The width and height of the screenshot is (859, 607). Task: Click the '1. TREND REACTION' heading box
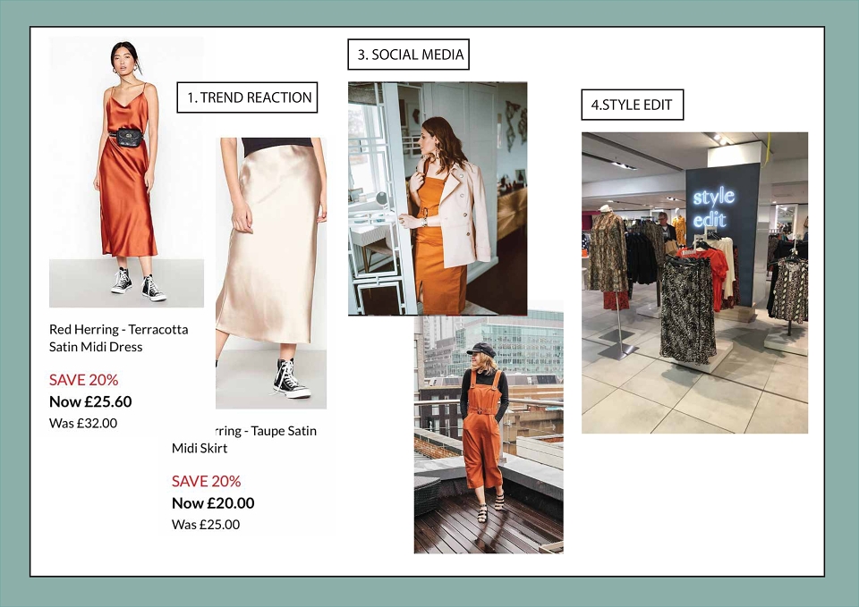pos(247,97)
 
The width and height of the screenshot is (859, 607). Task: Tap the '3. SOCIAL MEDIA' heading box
pos(409,55)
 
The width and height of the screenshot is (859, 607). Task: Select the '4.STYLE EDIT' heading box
pos(633,105)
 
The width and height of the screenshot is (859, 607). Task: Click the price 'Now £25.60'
pos(90,401)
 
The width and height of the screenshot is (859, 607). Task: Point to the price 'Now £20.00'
pos(213,503)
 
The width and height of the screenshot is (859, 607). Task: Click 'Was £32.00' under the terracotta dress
pos(83,423)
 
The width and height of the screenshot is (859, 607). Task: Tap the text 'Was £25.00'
pos(206,525)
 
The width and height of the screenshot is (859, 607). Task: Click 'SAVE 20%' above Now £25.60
pos(84,380)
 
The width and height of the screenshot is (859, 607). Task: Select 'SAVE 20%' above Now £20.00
pos(207,481)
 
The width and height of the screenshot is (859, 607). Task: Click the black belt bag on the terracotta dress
pos(129,137)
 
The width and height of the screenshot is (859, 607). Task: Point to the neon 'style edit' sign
pos(713,207)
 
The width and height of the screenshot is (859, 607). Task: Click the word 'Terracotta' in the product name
pos(158,330)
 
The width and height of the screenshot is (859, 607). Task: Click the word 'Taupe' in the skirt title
pos(266,431)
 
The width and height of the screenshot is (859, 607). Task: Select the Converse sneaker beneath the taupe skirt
pos(290,378)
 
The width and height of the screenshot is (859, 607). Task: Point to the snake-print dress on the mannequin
pos(608,253)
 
